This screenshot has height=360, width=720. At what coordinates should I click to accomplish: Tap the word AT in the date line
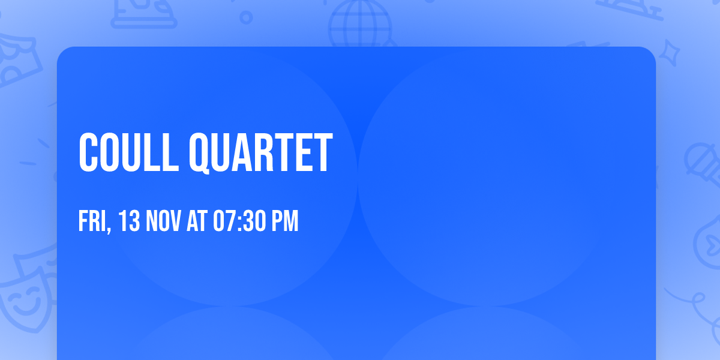(197, 221)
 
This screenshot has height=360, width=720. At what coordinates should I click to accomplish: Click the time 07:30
(239, 221)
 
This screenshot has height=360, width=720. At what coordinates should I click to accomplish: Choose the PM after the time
(285, 221)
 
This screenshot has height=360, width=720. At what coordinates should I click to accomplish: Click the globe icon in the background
(359, 24)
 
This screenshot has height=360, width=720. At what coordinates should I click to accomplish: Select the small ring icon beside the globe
(246, 17)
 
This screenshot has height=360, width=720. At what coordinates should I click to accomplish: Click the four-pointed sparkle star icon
(673, 50)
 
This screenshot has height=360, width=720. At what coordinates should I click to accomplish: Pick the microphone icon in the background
(700, 159)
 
